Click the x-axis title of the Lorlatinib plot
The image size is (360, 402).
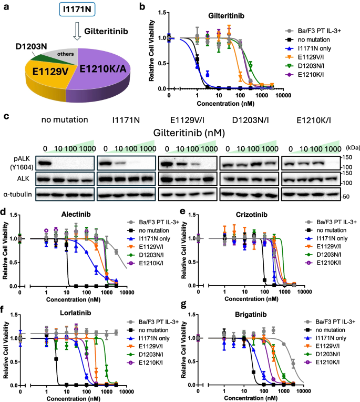pos(71,398)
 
